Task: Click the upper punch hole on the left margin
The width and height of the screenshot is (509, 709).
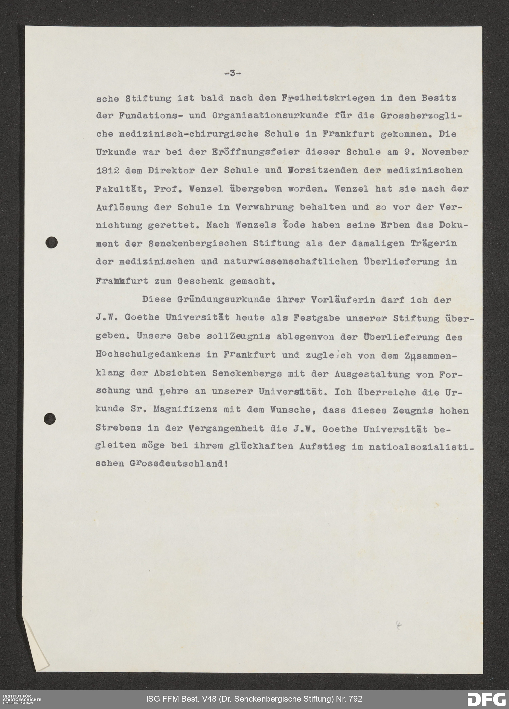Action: (51, 243)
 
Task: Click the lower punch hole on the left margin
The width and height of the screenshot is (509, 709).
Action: (50, 418)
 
